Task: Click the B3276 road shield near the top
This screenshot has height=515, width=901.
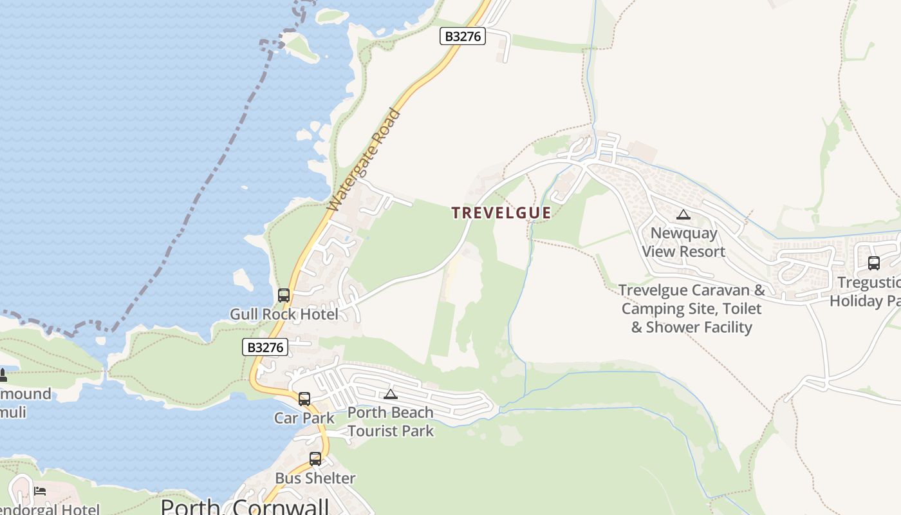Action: pos(463,36)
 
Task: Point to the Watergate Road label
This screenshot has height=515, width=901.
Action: pos(364,160)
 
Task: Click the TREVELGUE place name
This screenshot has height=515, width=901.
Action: pos(501,213)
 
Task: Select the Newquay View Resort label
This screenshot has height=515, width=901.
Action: pos(683,242)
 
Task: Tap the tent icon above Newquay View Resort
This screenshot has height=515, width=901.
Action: pos(683,215)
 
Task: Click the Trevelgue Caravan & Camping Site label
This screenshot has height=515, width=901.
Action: pos(692,308)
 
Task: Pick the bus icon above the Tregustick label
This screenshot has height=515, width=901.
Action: pos(873,263)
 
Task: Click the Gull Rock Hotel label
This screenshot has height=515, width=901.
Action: pos(284,314)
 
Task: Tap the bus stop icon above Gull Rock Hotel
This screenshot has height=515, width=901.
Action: pos(284,295)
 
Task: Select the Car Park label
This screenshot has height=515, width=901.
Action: pos(304,418)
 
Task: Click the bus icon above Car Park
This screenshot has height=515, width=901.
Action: pos(304,399)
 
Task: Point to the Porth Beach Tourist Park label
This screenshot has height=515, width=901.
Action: pos(391,422)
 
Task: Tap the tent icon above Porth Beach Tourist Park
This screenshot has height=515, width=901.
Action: pos(391,394)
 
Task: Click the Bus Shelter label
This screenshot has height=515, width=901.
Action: pos(315,478)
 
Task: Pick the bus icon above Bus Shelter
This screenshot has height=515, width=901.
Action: pos(315,459)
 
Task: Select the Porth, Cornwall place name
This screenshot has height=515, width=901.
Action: pos(245,507)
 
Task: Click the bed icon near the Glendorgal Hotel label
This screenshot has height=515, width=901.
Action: pos(40,491)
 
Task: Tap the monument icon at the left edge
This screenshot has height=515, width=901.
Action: pos(3,375)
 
